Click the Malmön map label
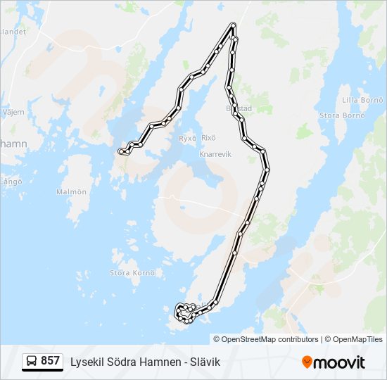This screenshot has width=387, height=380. (x=71, y=191)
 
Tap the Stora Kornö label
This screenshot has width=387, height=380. (x=127, y=272)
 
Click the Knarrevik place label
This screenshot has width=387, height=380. (x=215, y=154)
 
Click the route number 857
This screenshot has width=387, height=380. (x=50, y=361)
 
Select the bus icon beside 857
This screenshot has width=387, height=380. (x=32, y=361)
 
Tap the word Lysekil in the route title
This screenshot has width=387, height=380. (x=86, y=362)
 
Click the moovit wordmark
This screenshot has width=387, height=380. (x=340, y=362)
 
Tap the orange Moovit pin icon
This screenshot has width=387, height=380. (x=307, y=362)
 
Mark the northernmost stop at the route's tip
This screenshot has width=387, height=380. (x=233, y=26)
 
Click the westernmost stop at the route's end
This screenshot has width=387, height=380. (x=121, y=151)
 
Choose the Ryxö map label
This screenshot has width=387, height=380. (x=186, y=137)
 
